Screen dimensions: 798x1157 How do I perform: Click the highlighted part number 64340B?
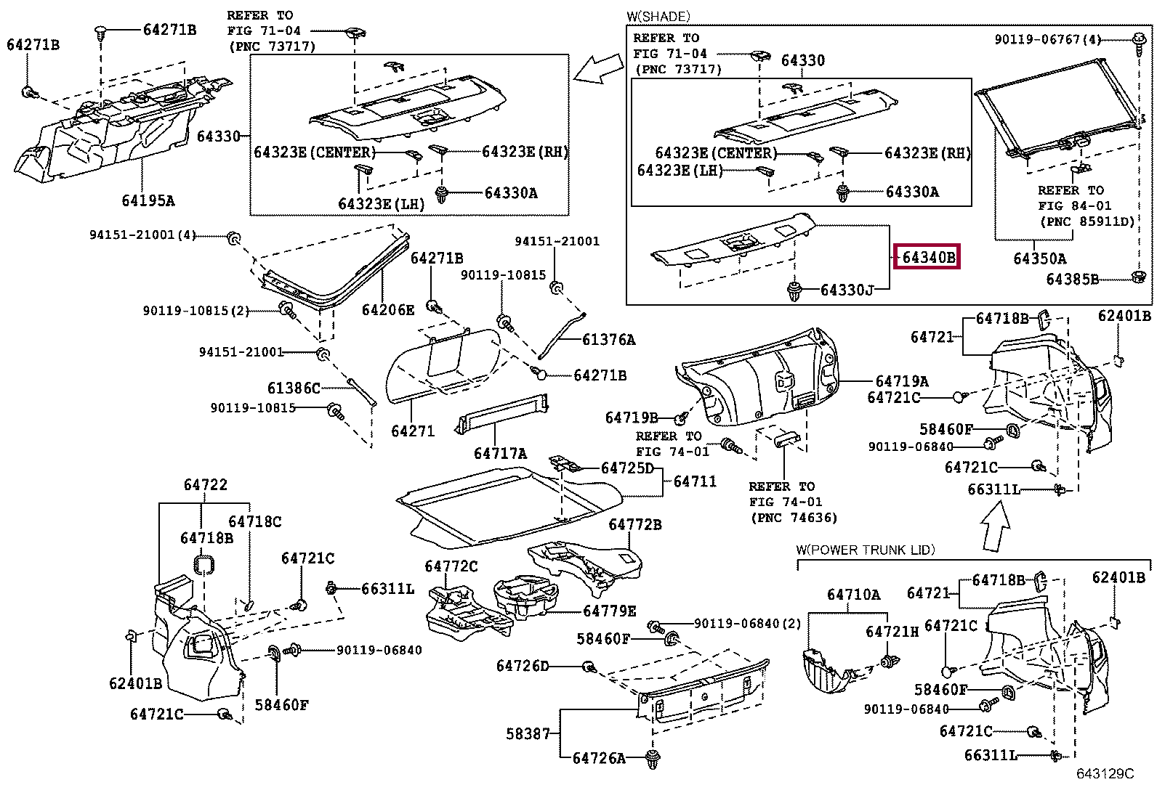tap(927, 256)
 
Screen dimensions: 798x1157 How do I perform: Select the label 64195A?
tap(148, 200)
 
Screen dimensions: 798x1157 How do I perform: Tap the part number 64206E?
tap(387, 310)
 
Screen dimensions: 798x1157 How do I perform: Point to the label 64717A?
tap(499, 453)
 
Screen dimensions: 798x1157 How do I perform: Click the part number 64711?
tap(694, 481)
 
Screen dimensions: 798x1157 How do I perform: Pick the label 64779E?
tap(609, 611)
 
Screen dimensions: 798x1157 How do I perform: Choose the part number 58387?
tap(528, 733)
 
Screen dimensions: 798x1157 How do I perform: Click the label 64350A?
tap(1039, 258)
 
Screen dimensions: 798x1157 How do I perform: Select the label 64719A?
tap(901, 381)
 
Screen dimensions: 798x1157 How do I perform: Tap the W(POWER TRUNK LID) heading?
tap(865, 550)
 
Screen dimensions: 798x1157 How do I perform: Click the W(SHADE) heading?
tap(658, 16)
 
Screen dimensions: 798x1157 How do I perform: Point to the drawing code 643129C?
tap(1105, 774)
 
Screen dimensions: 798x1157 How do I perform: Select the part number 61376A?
tap(608, 339)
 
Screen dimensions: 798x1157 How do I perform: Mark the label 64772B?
tap(634, 524)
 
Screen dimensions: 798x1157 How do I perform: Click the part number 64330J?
tap(846, 290)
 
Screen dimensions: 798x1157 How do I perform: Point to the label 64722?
tap(205, 484)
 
